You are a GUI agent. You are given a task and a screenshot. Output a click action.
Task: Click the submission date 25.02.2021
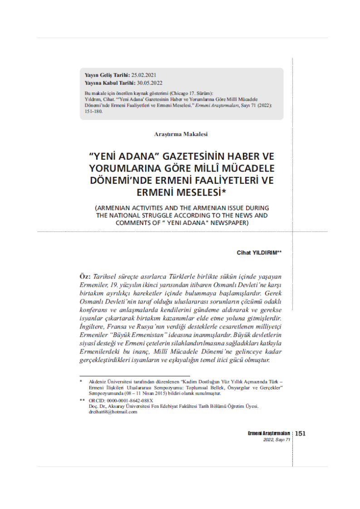[x=144, y=74]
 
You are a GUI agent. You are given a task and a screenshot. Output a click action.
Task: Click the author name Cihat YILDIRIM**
[x=259, y=252]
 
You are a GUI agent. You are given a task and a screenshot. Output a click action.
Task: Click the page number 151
[x=300, y=433]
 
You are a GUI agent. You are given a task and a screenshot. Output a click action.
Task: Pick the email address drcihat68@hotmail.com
[x=113, y=412]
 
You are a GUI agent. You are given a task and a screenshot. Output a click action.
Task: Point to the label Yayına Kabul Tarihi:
[x=110, y=83]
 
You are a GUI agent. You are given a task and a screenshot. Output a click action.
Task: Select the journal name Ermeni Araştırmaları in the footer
[x=269, y=433]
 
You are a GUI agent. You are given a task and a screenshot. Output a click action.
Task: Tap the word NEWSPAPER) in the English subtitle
[x=226, y=223]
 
